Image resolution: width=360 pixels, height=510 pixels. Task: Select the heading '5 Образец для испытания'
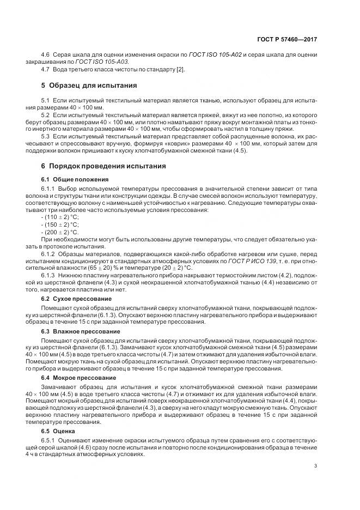tap(89, 86)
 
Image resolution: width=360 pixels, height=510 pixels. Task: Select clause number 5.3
tap(46, 136)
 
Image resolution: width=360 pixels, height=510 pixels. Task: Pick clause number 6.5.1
tap(50, 441)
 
